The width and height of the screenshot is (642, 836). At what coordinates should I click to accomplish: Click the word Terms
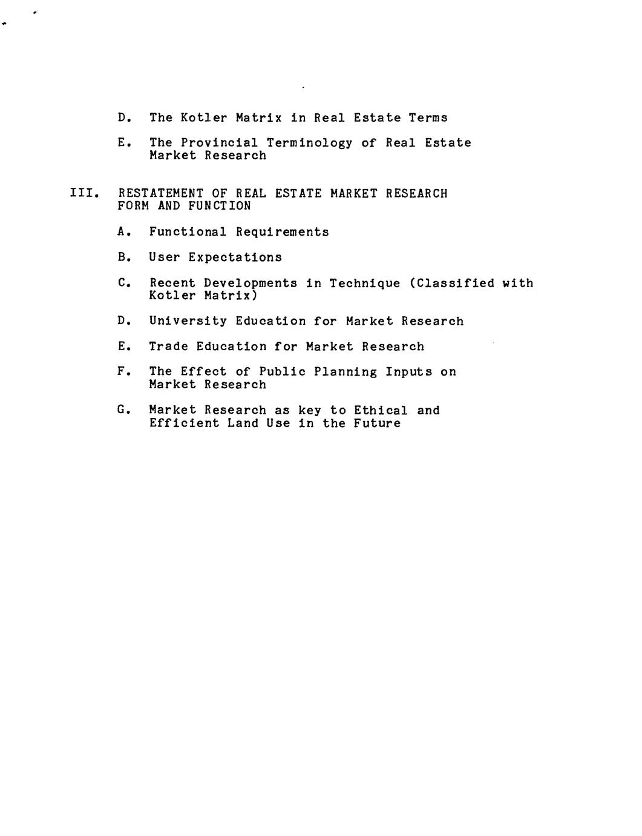click(x=428, y=118)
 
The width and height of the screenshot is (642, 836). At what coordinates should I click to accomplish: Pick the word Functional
click(x=188, y=232)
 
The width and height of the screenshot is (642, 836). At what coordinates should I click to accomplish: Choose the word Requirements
click(x=282, y=232)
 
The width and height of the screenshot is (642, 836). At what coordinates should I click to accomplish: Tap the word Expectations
click(x=235, y=257)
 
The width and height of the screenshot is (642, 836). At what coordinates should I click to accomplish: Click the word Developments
click(x=250, y=284)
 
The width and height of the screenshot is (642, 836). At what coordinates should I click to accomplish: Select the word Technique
click(x=364, y=284)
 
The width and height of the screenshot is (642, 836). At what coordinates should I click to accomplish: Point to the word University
click(x=188, y=321)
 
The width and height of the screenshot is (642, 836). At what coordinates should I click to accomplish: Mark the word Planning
click(x=345, y=372)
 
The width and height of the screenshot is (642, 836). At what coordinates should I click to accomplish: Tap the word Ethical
click(x=381, y=411)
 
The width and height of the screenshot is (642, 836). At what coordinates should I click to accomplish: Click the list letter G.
click(x=123, y=410)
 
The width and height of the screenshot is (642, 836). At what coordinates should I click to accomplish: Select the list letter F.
click(x=123, y=371)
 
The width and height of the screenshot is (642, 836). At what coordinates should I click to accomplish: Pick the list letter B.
click(x=123, y=257)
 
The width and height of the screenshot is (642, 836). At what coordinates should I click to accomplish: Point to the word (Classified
click(x=451, y=284)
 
